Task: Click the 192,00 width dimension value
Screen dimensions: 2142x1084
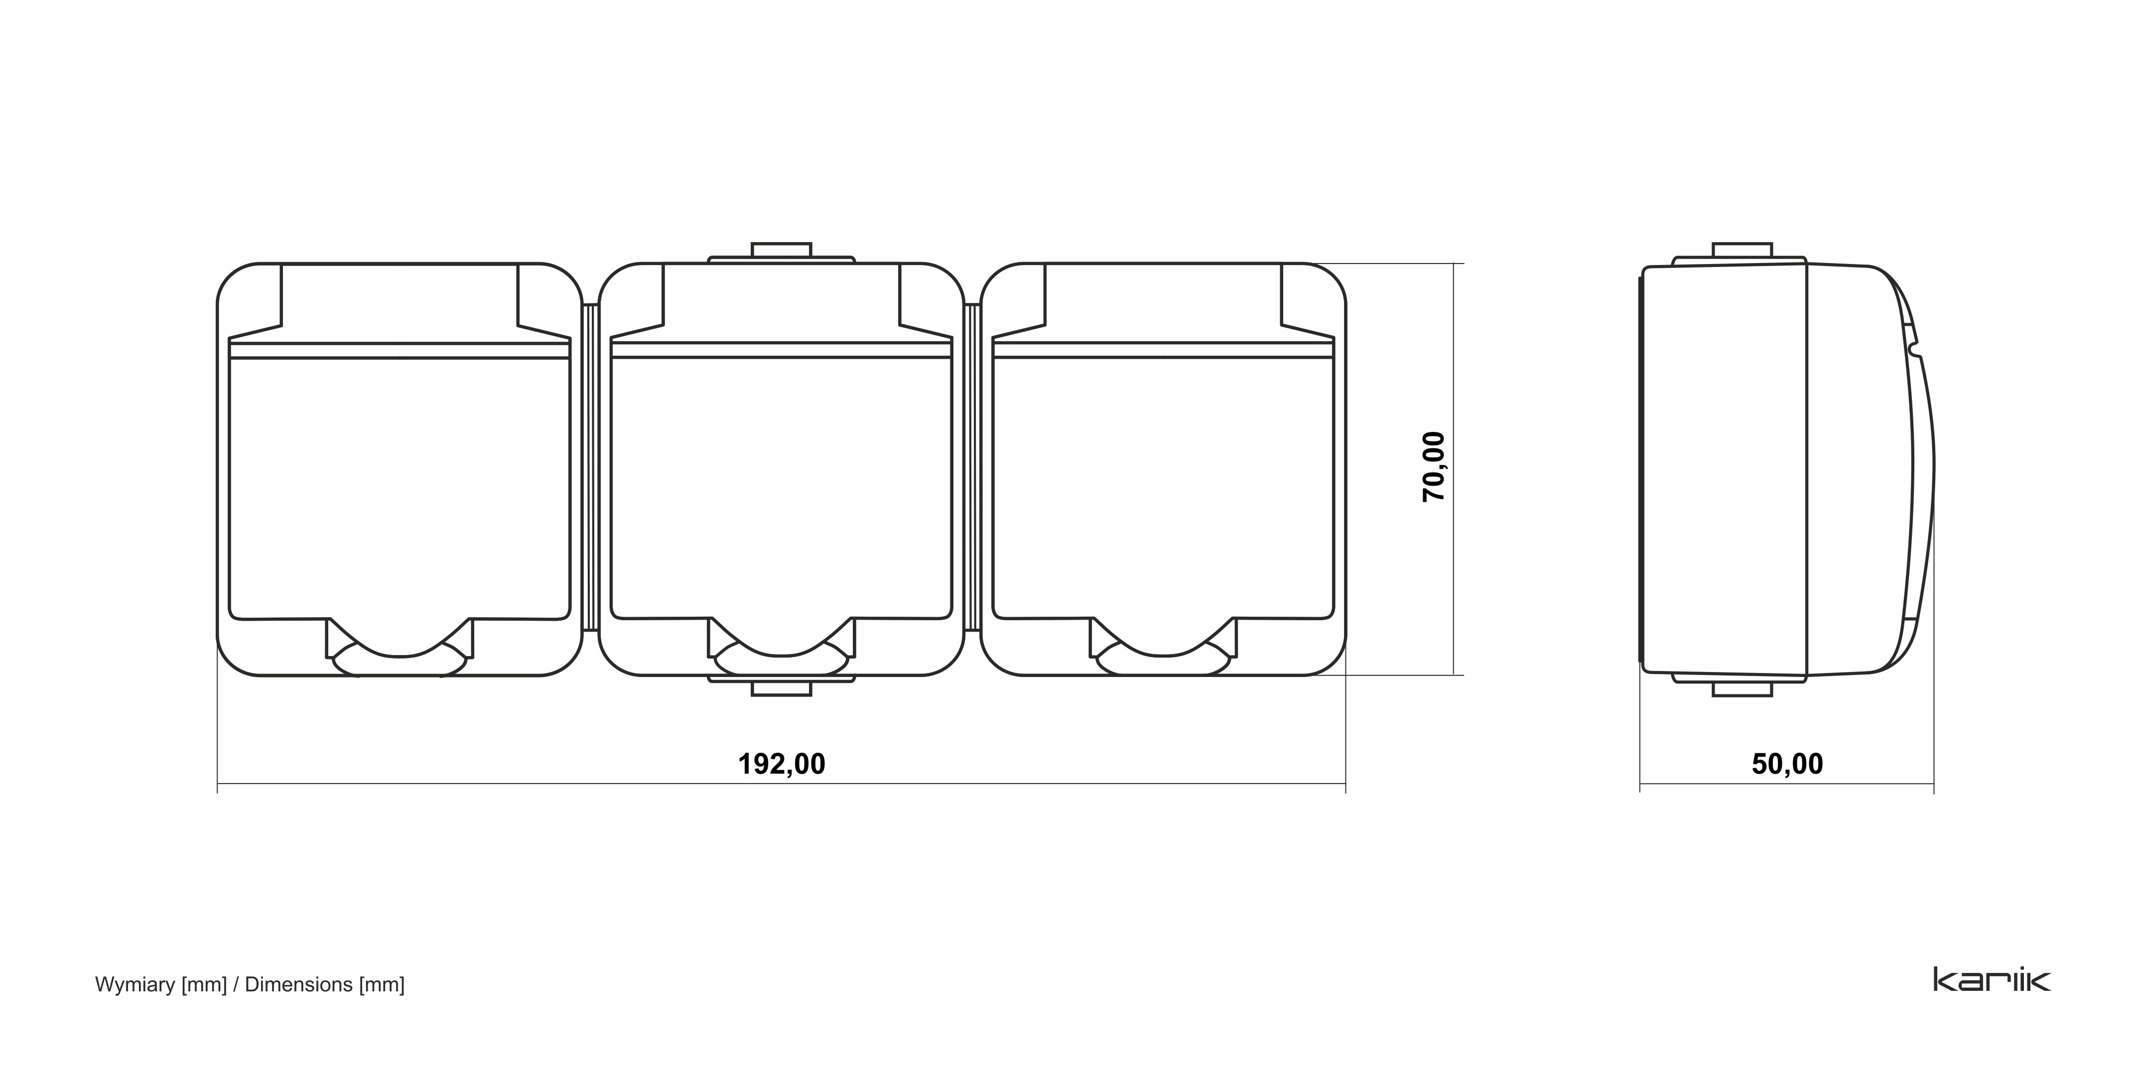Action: coord(782,764)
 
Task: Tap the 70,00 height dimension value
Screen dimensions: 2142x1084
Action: coord(1434,466)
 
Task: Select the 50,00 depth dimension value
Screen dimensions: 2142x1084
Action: coord(1787,764)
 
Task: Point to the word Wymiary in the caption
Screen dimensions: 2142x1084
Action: coord(135,985)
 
